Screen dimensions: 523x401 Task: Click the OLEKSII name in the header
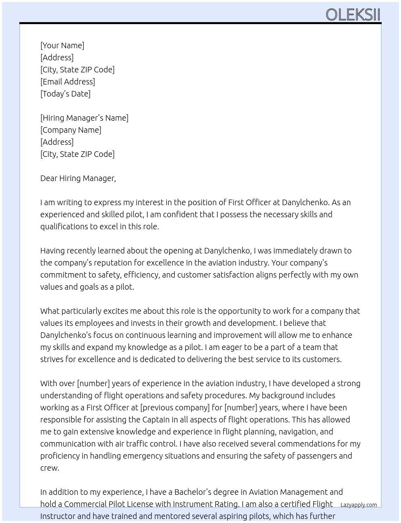click(x=353, y=15)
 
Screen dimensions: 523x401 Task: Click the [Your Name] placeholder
click(x=62, y=45)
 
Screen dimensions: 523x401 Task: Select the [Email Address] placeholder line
click(x=68, y=82)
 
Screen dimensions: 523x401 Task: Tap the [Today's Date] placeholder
click(x=65, y=94)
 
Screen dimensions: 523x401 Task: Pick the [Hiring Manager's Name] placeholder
click(x=84, y=118)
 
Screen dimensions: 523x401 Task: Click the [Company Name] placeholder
click(x=70, y=130)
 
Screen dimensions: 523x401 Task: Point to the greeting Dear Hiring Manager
click(x=78, y=178)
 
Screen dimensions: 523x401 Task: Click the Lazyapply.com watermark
click(x=359, y=505)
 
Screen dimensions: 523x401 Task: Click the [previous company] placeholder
click(x=175, y=408)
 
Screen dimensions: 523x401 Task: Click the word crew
click(x=50, y=468)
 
